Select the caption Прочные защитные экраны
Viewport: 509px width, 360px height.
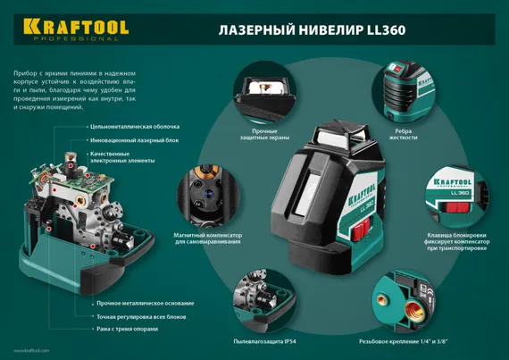coord(259,135)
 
